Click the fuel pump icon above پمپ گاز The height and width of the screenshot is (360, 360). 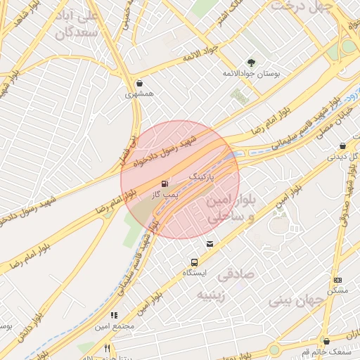(165, 182)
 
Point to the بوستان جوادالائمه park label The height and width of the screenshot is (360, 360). (252, 73)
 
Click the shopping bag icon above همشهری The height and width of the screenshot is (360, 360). (139, 82)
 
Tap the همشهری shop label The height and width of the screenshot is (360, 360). (139, 93)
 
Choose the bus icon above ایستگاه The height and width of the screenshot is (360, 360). (194, 262)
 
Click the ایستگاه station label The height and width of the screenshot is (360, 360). (195, 273)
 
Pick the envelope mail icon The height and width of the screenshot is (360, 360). (210, 244)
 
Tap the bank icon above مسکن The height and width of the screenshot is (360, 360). (337, 280)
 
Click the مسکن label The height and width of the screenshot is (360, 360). (337, 290)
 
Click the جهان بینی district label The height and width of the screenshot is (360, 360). (295, 301)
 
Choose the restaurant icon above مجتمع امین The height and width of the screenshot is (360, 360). (114, 316)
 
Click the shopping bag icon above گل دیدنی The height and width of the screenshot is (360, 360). (342, 146)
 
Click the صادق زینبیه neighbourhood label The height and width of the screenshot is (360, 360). (229, 283)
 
